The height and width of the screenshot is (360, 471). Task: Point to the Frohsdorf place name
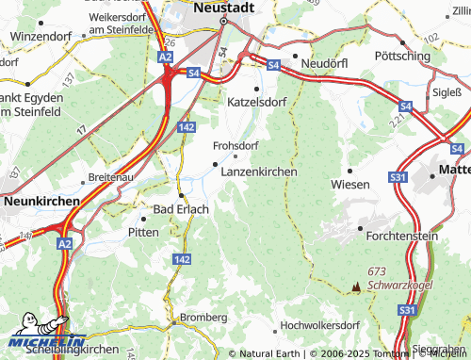click(235, 146)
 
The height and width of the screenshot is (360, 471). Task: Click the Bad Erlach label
click(181, 208)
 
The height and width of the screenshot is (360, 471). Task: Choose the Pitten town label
click(143, 230)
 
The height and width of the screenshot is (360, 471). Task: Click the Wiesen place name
click(350, 185)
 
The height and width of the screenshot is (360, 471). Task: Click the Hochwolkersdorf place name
click(320, 325)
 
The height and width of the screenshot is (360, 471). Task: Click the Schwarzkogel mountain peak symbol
click(356, 286)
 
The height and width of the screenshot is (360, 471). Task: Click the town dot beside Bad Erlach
click(181, 195)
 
